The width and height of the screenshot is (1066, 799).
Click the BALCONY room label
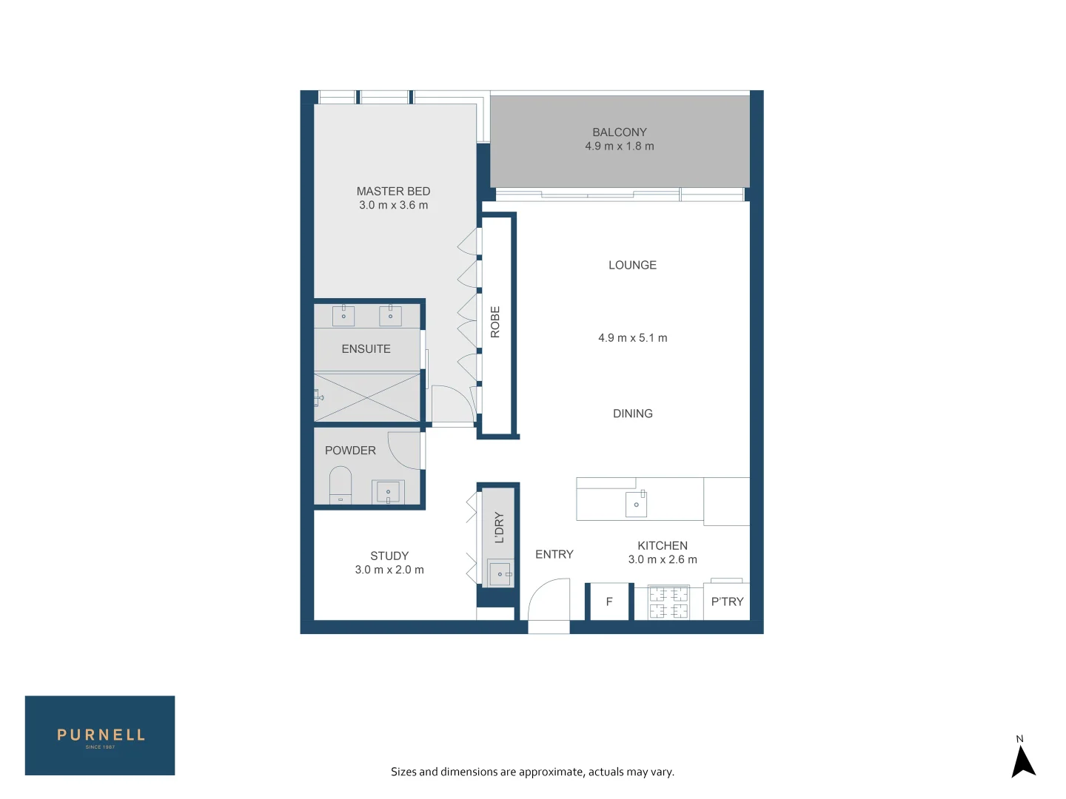tap(619, 132)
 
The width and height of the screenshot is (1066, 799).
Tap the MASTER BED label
tap(393, 192)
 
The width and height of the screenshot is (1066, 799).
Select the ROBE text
tap(495, 323)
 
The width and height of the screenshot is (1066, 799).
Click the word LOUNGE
tap(632, 265)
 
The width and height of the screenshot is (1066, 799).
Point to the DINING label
tap(632, 414)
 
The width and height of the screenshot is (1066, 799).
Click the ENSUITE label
tap(366, 349)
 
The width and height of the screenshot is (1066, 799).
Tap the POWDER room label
tap(350, 451)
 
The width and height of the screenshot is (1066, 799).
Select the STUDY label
tap(389, 556)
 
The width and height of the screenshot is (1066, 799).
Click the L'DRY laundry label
tap(499, 527)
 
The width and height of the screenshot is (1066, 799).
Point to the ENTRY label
tap(554, 554)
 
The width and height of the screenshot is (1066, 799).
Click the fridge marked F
tap(609, 602)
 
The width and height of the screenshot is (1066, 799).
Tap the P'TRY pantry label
tap(727, 602)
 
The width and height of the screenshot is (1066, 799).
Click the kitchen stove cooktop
tap(668, 602)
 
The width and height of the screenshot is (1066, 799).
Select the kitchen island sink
tap(636, 505)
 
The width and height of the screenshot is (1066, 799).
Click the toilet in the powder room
tap(341, 485)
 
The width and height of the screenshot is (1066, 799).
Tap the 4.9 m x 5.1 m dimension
tap(632, 338)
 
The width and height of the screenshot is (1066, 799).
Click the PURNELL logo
tap(100, 735)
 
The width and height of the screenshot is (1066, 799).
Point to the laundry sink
tap(500, 574)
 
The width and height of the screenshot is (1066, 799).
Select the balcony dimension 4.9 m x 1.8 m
tap(619, 146)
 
